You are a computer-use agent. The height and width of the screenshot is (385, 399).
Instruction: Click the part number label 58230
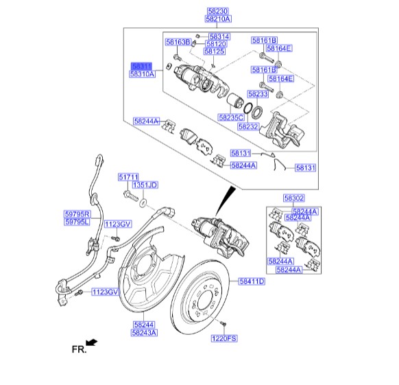coord(218,11)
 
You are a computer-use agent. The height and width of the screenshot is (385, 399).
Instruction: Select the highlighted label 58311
coord(141,67)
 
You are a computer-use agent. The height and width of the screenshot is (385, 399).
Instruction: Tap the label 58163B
coord(178,42)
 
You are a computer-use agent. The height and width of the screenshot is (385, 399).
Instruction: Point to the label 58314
coord(219,36)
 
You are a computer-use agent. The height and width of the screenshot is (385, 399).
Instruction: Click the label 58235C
coord(231,117)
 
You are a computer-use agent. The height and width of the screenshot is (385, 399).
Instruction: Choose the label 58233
coord(258,94)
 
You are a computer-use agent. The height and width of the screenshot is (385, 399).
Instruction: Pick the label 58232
coord(248,126)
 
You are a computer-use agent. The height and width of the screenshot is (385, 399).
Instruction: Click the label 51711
coord(128,177)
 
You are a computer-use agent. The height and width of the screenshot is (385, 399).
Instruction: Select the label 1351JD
coord(145,185)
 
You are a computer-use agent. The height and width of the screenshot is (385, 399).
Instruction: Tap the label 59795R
coord(77,214)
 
